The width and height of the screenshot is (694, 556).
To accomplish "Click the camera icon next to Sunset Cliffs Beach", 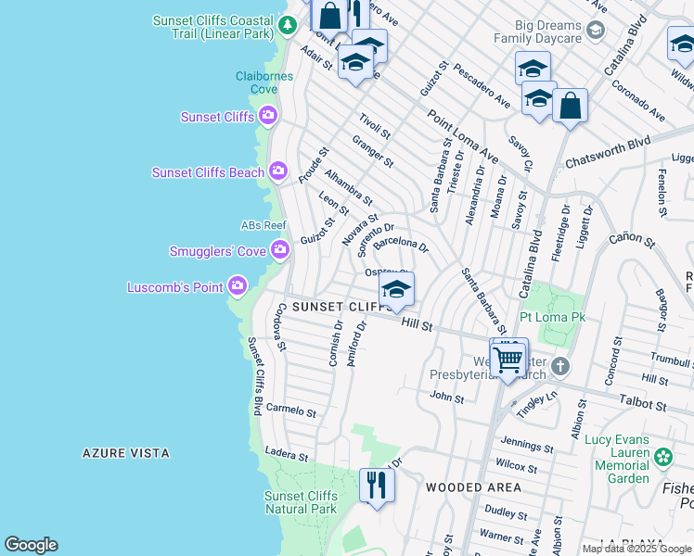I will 277,171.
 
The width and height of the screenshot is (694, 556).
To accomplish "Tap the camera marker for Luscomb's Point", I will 238,286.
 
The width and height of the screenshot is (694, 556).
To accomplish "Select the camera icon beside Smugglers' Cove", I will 279,250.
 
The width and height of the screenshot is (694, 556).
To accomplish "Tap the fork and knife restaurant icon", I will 377,485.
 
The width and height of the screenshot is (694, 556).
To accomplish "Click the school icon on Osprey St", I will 396,290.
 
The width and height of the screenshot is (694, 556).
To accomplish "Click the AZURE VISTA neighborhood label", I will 126,453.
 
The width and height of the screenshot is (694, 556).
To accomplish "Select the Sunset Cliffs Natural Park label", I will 301,502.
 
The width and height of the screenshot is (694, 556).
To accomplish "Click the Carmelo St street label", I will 291,410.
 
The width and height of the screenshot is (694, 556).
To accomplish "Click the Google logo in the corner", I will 31,545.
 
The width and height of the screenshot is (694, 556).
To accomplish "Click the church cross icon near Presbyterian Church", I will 559,365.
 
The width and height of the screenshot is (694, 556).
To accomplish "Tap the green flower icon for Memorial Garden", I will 663,457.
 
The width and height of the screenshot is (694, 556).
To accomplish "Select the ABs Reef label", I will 263,225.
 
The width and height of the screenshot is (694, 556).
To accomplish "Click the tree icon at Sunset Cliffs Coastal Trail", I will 289,25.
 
